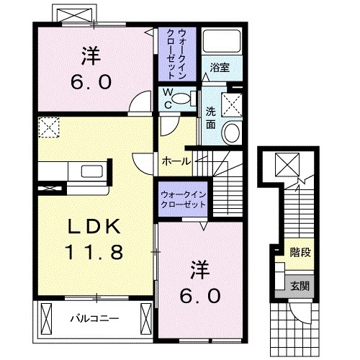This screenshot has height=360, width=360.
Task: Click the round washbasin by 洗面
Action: (231, 132)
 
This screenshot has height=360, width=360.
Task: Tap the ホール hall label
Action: (177, 161)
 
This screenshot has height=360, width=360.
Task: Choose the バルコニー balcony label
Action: (94, 317)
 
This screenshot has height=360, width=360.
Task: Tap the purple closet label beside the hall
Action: (183, 199)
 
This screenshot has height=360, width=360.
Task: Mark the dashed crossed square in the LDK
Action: (48, 128)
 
